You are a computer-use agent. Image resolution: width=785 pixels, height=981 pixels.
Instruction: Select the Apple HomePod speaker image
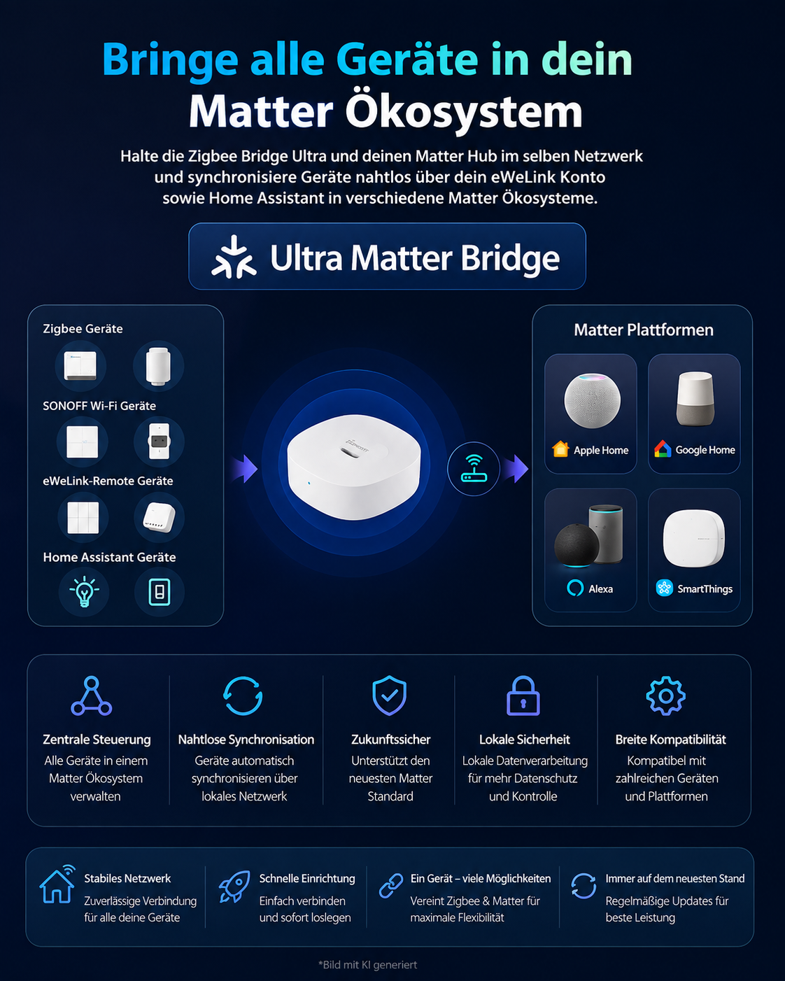(592, 400)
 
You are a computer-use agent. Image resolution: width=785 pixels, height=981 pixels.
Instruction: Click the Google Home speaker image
(695, 398)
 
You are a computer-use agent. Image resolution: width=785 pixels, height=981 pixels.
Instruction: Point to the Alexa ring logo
(575, 588)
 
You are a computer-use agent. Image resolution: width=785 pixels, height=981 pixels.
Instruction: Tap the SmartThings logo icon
(664, 588)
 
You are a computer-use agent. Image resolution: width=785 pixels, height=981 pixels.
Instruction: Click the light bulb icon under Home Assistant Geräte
(85, 591)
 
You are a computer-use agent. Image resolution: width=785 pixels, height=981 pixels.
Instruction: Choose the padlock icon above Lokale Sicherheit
(523, 696)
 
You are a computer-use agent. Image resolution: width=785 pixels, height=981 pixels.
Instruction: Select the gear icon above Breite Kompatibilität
(665, 696)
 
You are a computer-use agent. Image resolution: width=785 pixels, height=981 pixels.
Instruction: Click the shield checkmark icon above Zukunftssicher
(389, 696)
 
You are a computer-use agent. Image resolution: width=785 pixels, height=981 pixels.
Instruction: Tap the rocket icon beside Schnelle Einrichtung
(234, 887)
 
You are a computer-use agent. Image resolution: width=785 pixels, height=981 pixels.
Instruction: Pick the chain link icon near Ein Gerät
(390, 886)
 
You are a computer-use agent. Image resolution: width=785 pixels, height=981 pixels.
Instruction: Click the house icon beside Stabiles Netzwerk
(57, 884)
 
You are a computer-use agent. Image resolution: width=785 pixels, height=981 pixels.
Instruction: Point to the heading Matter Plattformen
(643, 330)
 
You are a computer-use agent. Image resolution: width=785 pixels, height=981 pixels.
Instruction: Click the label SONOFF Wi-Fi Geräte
(99, 406)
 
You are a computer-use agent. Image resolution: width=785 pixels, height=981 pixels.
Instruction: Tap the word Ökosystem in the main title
(464, 112)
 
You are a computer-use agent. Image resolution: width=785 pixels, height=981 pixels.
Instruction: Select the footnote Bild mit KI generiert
(368, 965)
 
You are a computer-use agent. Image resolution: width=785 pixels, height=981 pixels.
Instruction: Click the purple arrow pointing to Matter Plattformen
(516, 468)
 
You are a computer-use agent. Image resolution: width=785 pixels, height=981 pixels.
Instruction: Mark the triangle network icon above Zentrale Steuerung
(91, 696)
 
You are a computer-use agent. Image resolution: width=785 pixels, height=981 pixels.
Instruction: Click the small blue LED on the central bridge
(309, 483)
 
